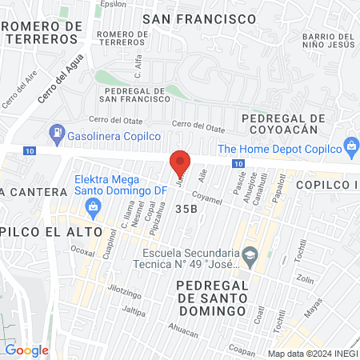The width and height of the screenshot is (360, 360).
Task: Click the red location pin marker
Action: (x=181, y=162)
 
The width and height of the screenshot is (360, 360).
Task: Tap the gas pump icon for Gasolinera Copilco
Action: (x=57, y=131)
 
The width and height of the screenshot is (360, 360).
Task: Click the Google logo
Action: (x=26, y=350)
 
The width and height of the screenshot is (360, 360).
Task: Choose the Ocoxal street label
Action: (x=82, y=251)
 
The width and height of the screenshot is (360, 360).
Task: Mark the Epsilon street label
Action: (x=114, y=3)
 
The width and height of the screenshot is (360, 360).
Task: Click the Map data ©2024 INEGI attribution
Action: (x=312, y=353)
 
